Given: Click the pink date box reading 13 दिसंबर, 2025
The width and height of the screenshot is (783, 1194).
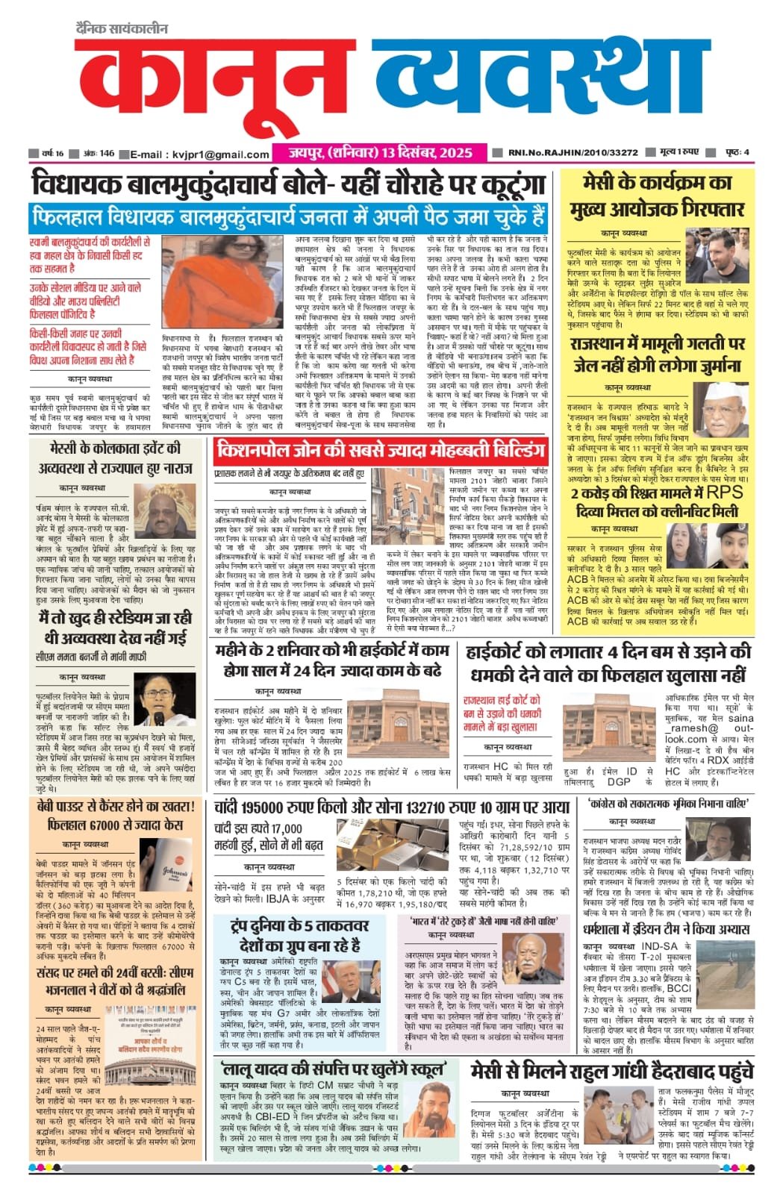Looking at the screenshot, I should click(381, 152).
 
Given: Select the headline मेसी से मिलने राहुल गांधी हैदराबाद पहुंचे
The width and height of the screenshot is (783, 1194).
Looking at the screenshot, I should click(611, 1072).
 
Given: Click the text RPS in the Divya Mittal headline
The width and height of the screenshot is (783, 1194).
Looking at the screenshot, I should click(724, 493).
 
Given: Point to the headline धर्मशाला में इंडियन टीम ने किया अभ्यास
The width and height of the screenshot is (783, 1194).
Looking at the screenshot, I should click(666, 930).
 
